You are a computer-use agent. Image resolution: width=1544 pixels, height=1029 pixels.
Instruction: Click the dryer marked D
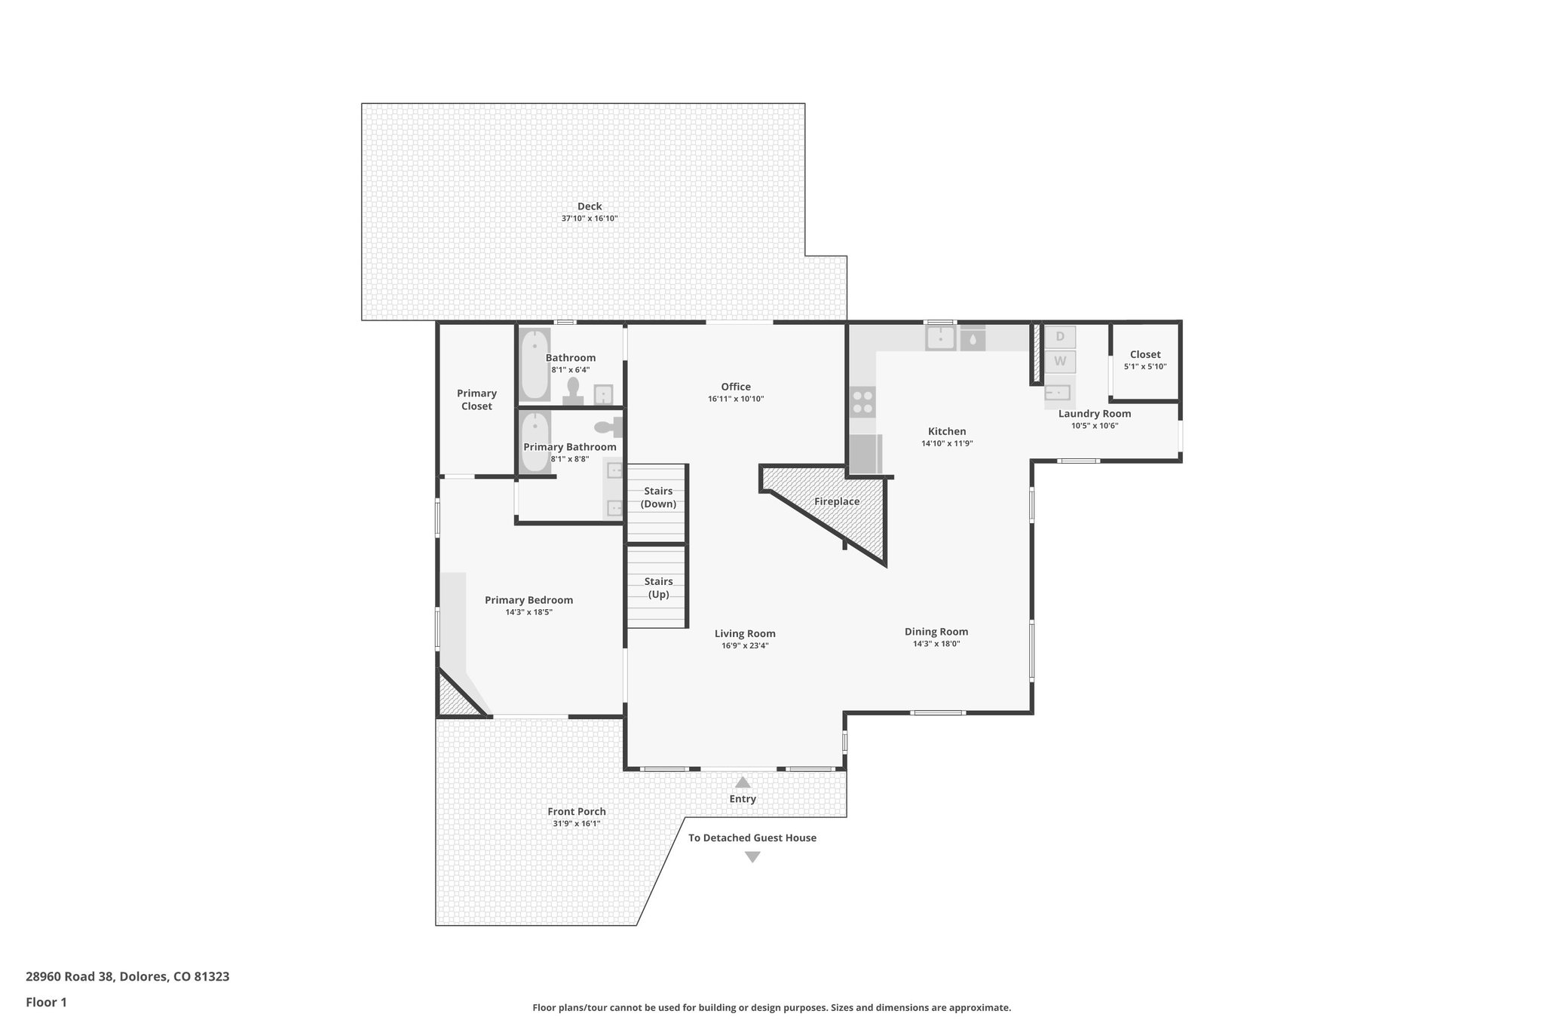(x=1060, y=336)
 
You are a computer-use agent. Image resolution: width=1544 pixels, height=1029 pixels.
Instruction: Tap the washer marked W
(x=1060, y=361)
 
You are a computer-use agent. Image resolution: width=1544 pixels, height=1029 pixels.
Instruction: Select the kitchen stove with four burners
(x=862, y=401)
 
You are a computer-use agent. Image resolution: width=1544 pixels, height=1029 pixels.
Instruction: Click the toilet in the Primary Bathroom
(x=608, y=427)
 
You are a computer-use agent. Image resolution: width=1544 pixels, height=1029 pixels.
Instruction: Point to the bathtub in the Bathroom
(x=535, y=365)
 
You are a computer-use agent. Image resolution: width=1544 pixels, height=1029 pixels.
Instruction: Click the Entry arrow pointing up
(x=743, y=782)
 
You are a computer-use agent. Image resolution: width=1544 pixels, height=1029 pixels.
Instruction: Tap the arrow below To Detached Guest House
(x=752, y=857)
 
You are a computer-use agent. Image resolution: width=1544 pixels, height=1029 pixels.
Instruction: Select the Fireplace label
(x=837, y=501)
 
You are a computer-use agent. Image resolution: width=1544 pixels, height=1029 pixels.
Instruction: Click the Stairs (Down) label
(x=658, y=498)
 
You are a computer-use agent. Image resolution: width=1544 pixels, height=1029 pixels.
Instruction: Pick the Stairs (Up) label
(x=658, y=587)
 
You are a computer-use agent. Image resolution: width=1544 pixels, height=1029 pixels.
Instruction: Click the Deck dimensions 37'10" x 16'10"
(x=589, y=219)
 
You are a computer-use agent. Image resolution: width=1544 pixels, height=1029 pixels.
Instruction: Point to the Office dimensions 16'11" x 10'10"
(x=736, y=399)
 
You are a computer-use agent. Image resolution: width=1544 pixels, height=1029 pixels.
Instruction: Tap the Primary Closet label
(x=476, y=400)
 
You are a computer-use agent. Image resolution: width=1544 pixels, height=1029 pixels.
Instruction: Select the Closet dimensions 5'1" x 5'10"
(x=1144, y=366)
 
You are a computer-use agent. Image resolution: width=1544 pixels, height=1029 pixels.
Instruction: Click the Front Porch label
(x=576, y=811)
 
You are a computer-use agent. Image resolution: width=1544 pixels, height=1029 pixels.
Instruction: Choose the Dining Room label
(x=936, y=632)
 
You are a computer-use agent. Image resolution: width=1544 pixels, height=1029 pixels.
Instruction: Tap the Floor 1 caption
(x=46, y=1002)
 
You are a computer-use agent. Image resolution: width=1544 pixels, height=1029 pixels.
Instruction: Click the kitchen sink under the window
(x=940, y=338)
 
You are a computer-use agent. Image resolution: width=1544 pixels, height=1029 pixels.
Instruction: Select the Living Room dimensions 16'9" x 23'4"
(x=745, y=645)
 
